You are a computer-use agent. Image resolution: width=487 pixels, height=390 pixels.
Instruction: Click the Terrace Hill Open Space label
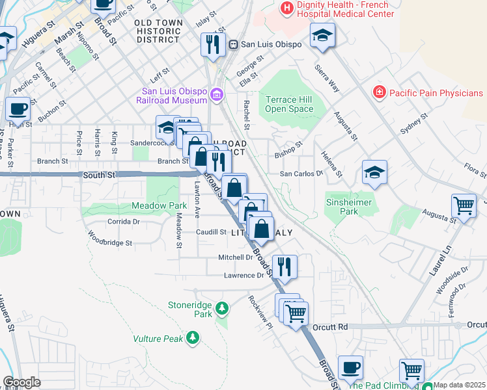tap(290, 104)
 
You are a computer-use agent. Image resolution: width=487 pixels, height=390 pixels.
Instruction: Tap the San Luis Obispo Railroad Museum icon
tap(217, 96)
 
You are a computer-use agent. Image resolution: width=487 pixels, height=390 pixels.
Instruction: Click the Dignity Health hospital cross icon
tap(286, 9)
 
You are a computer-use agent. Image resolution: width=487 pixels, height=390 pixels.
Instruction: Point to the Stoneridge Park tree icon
tap(223, 307)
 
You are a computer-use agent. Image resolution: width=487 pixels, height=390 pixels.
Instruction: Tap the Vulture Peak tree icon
tap(193, 337)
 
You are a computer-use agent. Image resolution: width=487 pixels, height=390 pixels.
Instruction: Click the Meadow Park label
tap(123, 206)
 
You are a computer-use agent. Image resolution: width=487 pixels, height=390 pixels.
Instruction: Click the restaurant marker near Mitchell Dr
tap(284, 265)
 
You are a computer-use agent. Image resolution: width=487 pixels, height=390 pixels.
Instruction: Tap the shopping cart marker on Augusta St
tap(464, 205)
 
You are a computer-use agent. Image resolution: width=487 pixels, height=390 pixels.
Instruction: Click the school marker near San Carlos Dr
tap(374, 172)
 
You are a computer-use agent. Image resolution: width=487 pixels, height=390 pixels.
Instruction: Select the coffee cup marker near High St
tap(18, 109)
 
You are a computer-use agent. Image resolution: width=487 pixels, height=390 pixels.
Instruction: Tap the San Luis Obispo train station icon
tap(232, 44)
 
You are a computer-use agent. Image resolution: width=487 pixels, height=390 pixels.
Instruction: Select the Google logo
tap(21, 382)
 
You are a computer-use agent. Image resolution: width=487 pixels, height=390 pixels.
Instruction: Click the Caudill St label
tap(210, 232)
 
